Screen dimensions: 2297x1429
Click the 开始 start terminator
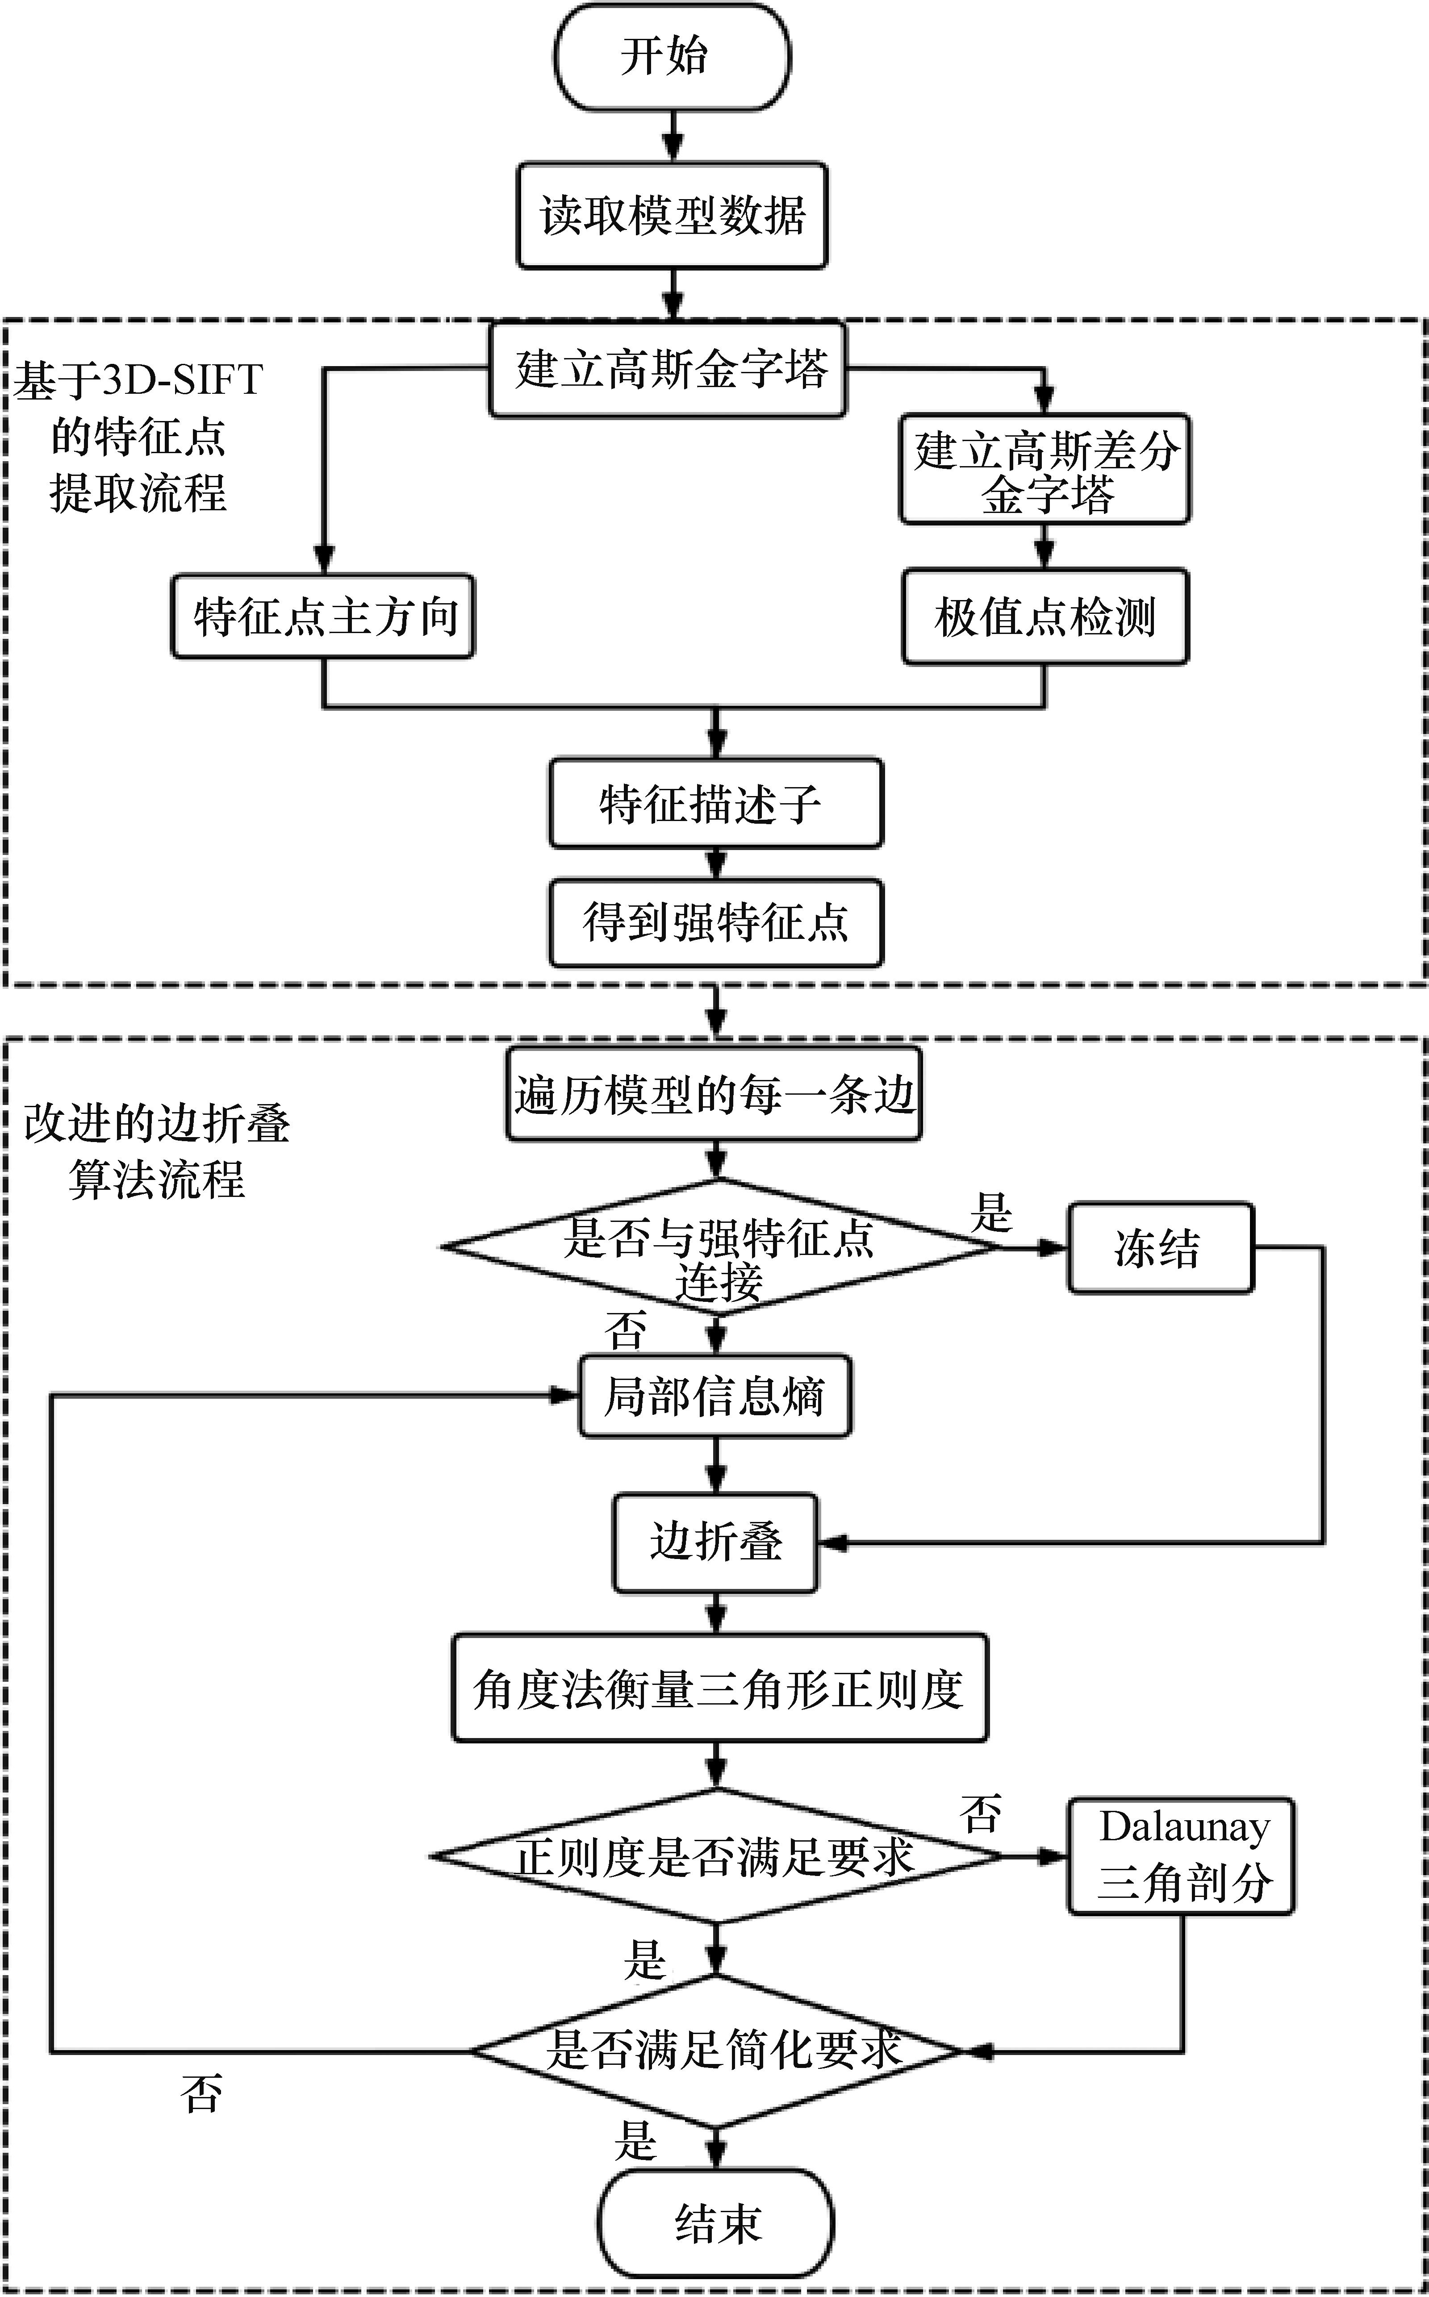point(672,57)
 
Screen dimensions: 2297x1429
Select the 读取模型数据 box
point(672,216)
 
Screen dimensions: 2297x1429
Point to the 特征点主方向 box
point(323,616)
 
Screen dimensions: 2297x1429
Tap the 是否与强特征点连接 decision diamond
point(718,1247)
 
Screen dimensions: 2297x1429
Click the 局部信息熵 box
point(715,1397)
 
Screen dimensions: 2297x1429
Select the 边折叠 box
point(715,1542)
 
